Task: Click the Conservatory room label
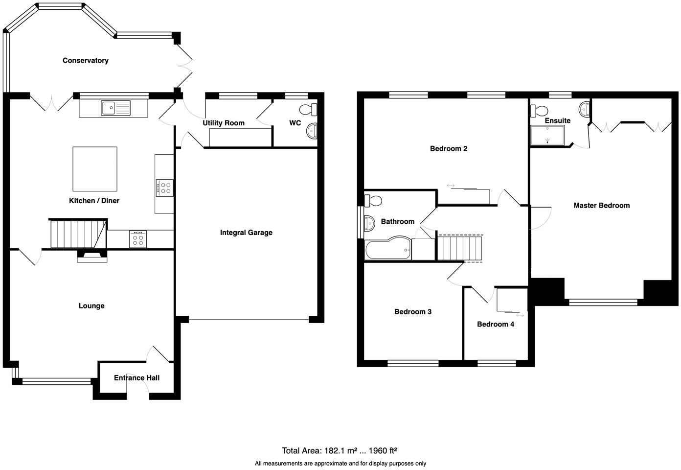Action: point(85,61)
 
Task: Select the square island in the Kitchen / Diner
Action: point(95,169)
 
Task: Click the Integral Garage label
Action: point(246,233)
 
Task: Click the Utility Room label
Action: point(224,123)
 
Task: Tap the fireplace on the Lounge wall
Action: point(92,256)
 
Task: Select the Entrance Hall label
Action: point(136,377)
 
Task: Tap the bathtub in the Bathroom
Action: point(388,250)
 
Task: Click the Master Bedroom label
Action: point(601,206)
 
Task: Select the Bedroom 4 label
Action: point(495,324)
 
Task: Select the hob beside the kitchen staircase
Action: point(138,239)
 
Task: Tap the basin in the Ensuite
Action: point(584,110)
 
